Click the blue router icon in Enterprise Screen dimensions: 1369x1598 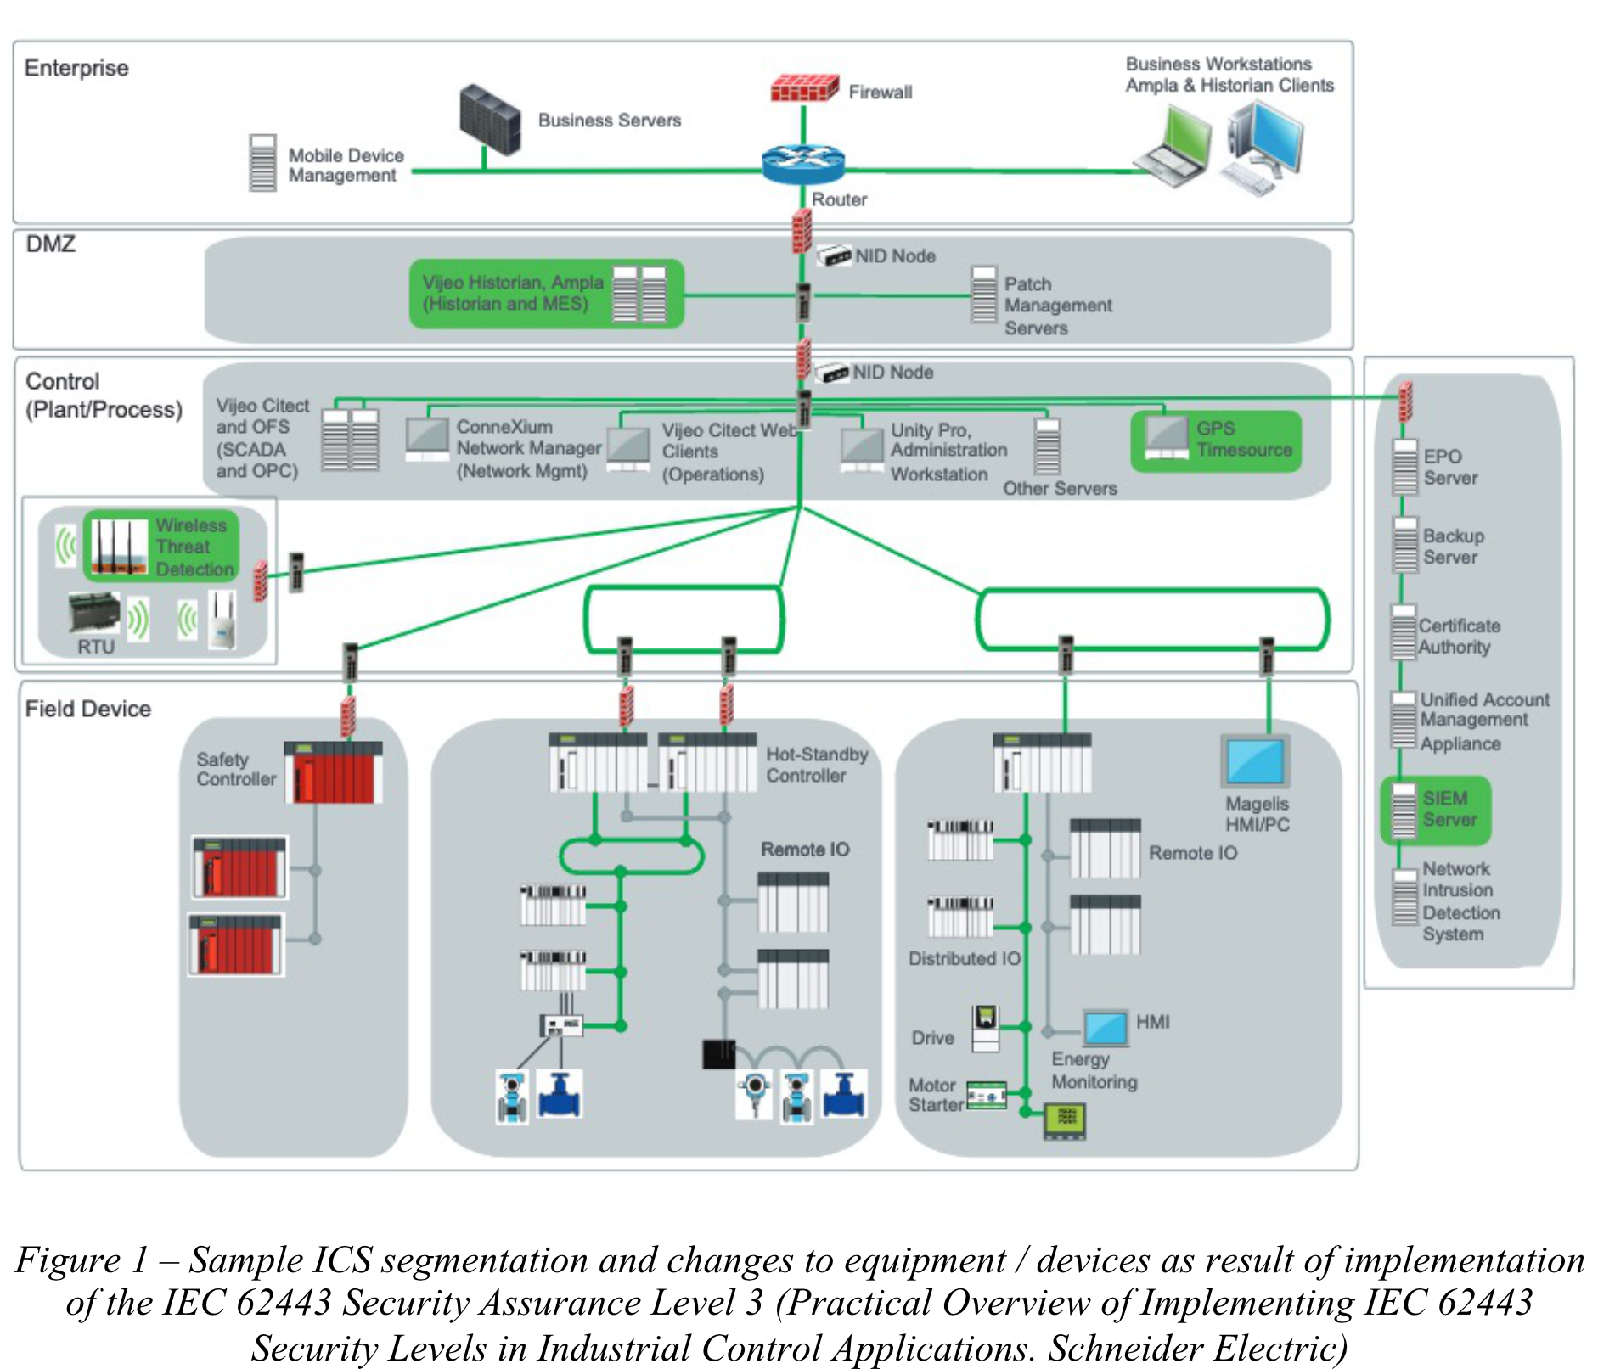click(x=802, y=165)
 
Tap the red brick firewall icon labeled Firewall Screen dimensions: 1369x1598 click(x=803, y=88)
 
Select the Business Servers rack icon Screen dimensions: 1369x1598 click(x=489, y=119)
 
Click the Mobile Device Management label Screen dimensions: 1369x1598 click(x=345, y=166)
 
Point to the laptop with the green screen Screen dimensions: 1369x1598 click(x=1177, y=145)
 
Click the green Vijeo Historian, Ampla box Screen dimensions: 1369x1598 click(x=545, y=294)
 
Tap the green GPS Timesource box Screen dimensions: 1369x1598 click(x=1215, y=440)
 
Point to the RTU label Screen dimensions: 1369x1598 click(x=95, y=647)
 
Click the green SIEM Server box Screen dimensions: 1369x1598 click(x=1435, y=810)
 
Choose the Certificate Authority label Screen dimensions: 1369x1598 click(x=1458, y=637)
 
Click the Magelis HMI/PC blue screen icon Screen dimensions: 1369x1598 click(x=1254, y=761)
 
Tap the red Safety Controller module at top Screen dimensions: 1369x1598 click(x=332, y=772)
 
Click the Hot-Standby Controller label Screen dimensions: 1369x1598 click(x=816, y=765)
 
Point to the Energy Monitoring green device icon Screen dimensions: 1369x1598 click(x=1064, y=1119)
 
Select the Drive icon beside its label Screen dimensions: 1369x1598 click(x=985, y=1028)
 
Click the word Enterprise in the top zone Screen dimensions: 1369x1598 click(x=76, y=68)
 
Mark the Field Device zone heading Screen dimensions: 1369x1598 click(x=87, y=709)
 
